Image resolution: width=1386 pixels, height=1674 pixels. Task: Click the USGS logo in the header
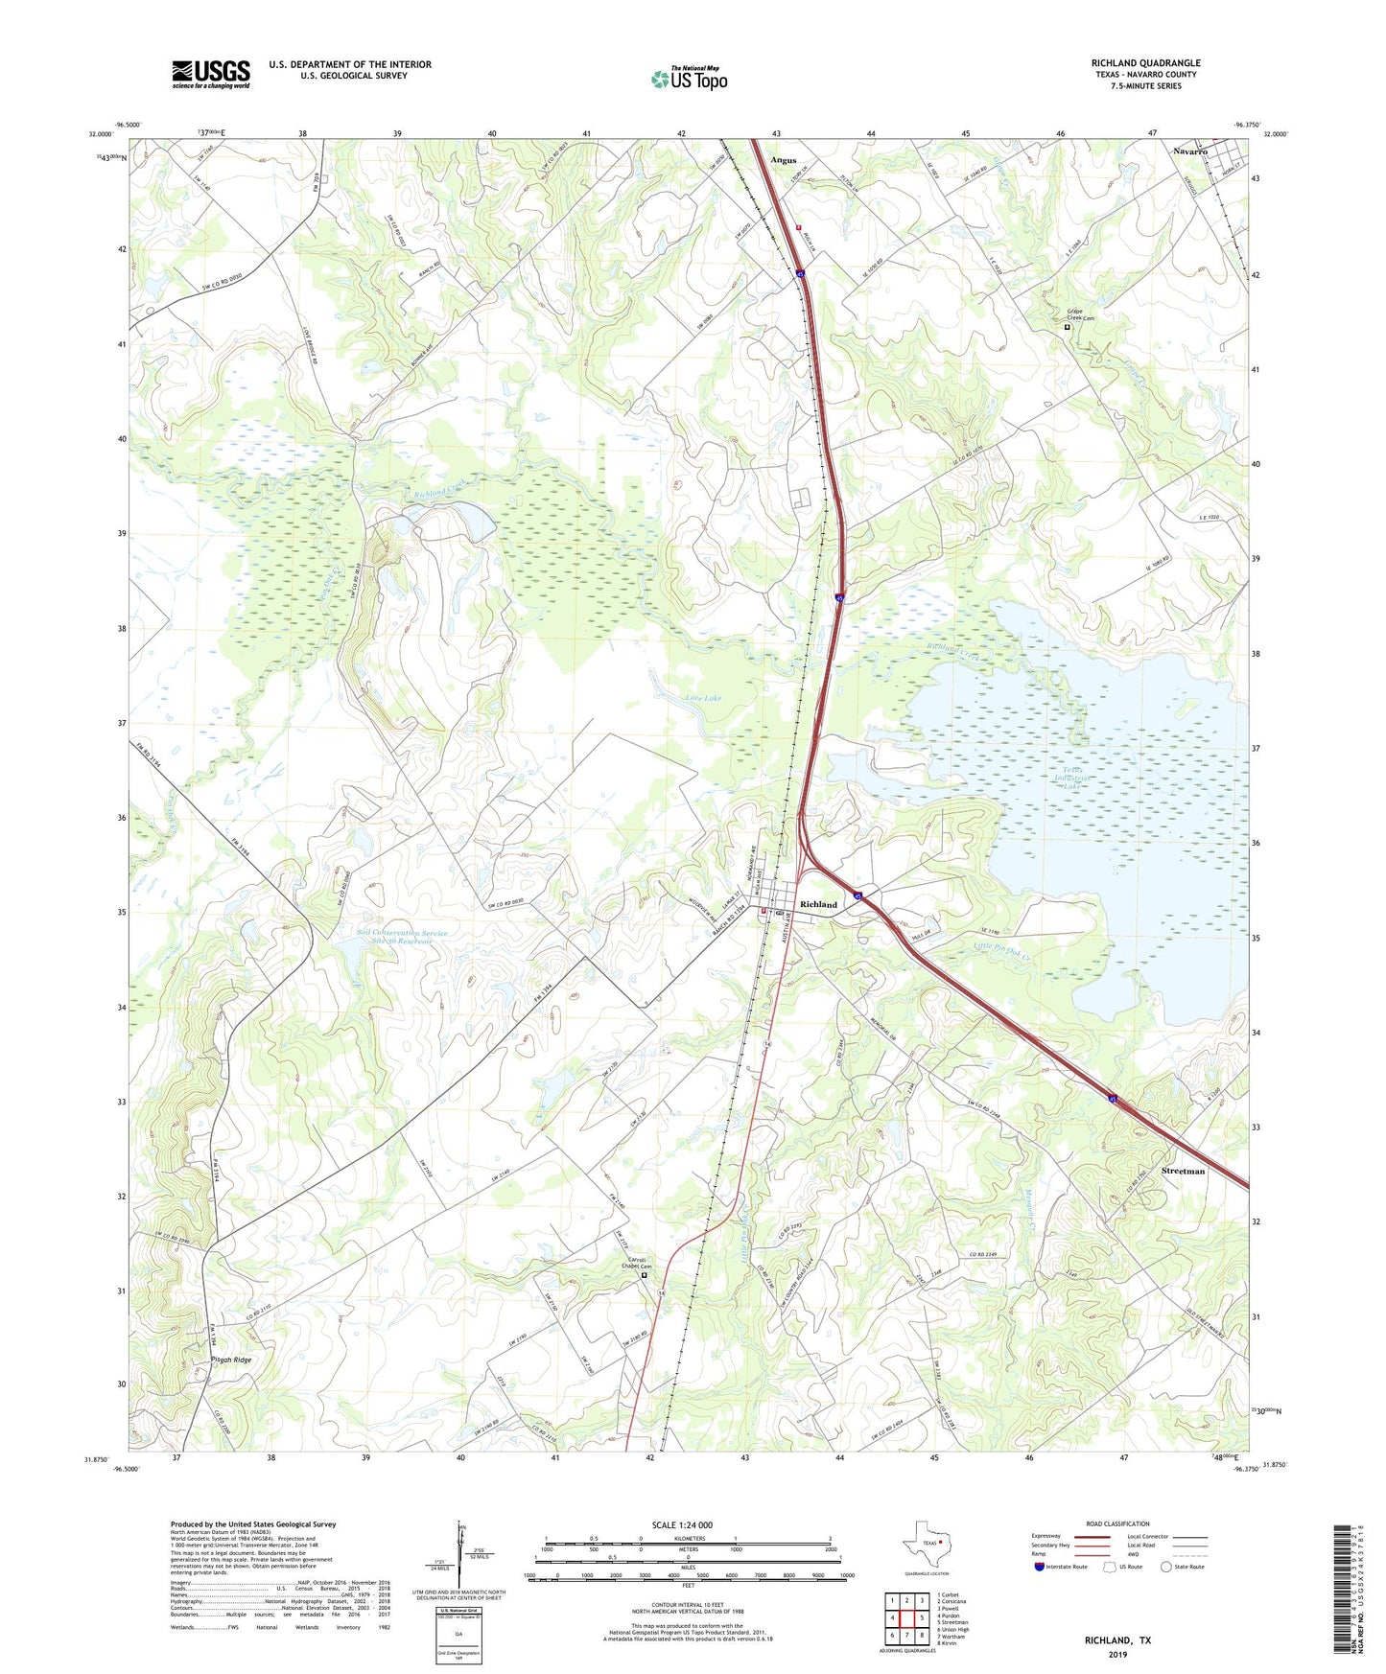211,74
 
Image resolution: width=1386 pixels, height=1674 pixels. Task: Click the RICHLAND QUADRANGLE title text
1145,63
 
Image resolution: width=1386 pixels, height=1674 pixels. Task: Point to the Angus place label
784,160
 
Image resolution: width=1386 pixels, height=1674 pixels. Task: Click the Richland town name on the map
818,904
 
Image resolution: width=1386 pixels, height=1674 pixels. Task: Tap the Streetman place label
1183,1172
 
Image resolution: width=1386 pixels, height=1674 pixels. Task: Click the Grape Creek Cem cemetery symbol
1067,327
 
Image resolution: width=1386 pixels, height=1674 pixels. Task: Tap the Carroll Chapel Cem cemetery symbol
644,1275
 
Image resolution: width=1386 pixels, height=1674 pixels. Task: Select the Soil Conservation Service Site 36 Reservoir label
388,937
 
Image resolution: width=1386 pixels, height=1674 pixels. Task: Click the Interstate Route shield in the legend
1039,1567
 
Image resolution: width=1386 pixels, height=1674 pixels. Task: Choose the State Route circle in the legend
1166,1567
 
